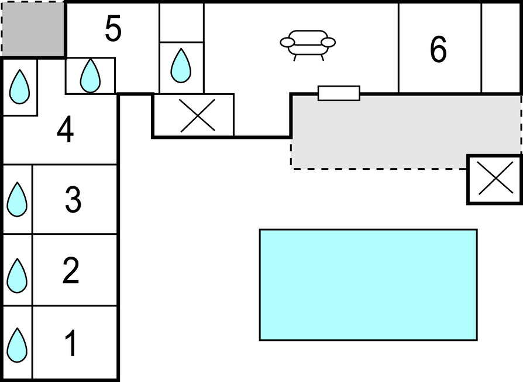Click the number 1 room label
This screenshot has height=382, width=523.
(70, 344)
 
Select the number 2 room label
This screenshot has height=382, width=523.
(70, 271)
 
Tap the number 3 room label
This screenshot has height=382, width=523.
(72, 200)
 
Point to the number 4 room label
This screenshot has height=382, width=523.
(65, 131)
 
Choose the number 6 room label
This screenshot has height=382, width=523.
(438, 50)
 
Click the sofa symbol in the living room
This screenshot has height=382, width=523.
(308, 45)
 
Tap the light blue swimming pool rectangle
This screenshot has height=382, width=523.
(368, 285)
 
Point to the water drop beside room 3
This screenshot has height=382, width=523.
(17, 200)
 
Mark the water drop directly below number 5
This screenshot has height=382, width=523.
(90, 76)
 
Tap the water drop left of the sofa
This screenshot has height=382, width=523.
(181, 66)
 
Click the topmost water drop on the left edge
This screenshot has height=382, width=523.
(20, 87)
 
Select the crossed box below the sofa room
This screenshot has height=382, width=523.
(197, 115)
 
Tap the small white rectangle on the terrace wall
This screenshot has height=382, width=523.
(339, 93)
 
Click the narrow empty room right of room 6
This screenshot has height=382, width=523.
(501, 47)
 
